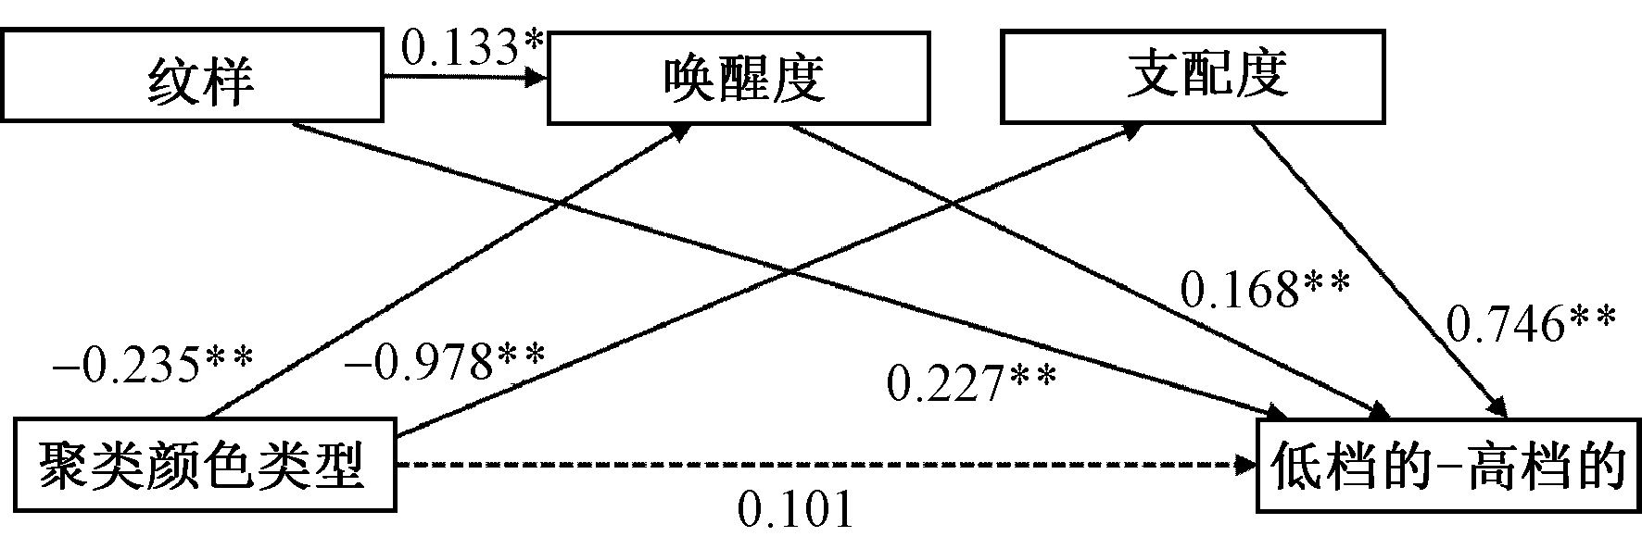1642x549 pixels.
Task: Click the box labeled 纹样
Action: tap(193, 77)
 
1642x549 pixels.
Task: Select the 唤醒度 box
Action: tap(739, 78)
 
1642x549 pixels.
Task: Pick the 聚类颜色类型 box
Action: tap(202, 465)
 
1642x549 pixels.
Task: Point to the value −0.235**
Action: tap(152, 366)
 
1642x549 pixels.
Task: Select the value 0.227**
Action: tap(971, 382)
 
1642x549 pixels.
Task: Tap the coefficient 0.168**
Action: tap(1264, 290)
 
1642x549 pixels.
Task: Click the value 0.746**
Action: tap(1531, 323)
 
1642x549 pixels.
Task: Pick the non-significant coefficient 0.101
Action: tap(794, 509)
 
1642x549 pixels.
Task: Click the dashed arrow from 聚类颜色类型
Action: tap(815, 466)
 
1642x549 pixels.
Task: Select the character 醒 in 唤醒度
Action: tap(739, 78)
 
